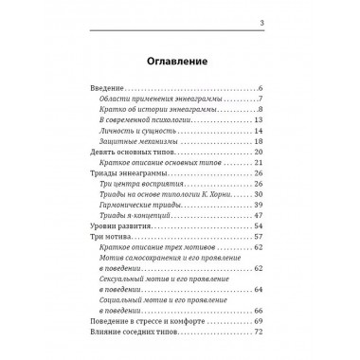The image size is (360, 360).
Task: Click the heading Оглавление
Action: (179, 63)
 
